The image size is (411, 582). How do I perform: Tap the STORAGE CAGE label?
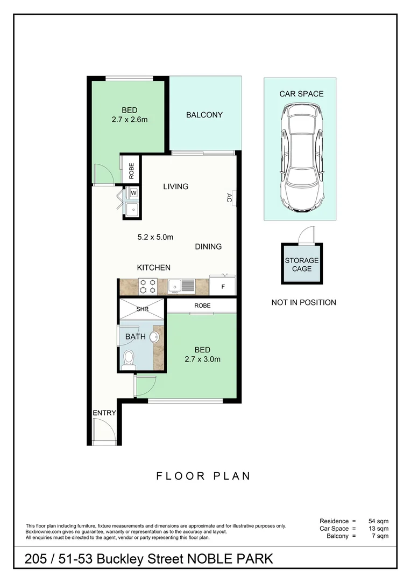pos(302,264)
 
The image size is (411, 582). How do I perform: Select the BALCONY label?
pos(204,115)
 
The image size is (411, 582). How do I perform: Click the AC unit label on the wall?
pos(229,198)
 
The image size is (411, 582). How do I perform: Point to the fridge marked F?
pos(223,286)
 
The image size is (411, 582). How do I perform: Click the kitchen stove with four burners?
pos(147,286)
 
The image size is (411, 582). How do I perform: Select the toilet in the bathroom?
pos(128,359)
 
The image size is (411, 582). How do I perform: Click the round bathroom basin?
pos(154,337)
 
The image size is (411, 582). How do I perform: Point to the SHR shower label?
pos(143,309)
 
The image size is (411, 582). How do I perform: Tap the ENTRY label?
pos(104,413)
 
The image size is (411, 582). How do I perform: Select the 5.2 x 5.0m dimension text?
pos(155,237)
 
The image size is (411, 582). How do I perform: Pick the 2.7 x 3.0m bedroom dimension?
pos(202,359)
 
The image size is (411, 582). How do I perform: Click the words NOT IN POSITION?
pos(303,302)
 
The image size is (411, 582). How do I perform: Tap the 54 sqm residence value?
pos(378,521)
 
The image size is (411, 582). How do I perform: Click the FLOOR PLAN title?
pos(203,476)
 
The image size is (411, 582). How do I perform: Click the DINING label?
pos(208,247)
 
